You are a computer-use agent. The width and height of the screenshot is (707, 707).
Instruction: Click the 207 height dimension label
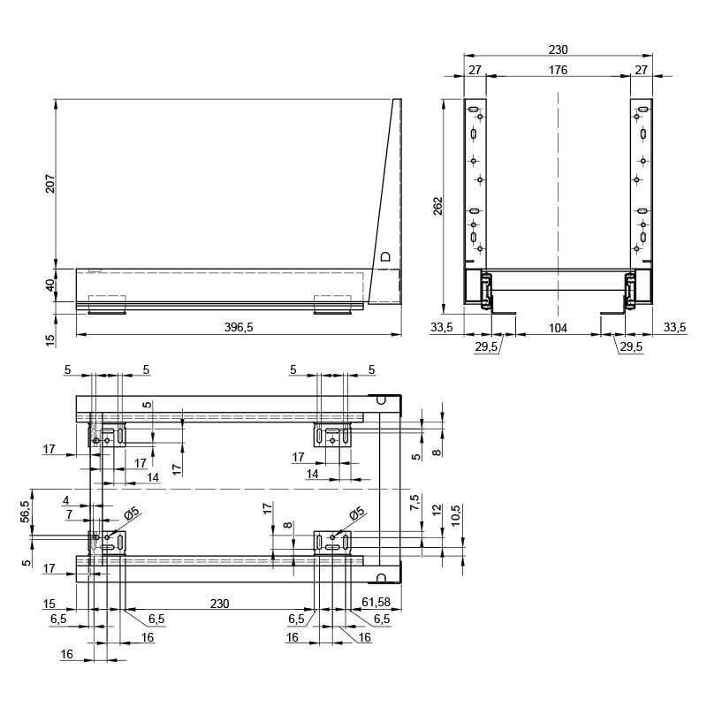pos(50,184)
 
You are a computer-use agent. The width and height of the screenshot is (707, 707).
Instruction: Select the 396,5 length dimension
pos(239,327)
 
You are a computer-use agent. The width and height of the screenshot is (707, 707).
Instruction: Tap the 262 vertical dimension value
pos(437,206)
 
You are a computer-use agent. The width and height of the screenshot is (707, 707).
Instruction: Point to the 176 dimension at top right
pos(558,70)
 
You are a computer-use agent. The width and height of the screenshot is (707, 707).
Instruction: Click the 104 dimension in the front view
pos(558,328)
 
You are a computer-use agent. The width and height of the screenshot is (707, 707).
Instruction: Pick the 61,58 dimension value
pos(376,602)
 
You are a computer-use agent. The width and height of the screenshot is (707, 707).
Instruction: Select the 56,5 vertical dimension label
pos(26,512)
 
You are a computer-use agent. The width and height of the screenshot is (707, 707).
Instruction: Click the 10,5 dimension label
pos(456,515)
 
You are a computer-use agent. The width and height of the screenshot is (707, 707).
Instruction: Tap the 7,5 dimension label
pos(414,502)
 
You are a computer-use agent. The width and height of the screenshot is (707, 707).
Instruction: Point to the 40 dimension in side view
pos(50,285)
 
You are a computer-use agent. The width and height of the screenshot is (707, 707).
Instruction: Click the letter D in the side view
pos(385,256)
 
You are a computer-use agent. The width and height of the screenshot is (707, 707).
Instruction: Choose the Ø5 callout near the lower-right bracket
pos(357,513)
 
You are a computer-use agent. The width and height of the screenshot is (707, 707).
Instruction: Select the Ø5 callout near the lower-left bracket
pos(132,513)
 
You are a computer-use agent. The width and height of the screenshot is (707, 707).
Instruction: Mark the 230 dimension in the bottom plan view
pos(219,604)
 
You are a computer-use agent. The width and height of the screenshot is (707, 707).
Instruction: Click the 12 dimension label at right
pos(437,510)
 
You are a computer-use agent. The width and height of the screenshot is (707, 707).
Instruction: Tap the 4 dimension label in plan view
pos(66,500)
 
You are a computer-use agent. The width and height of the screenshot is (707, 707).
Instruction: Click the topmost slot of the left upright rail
pos(473,109)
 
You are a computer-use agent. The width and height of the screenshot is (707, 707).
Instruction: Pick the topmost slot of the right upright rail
pos(643,109)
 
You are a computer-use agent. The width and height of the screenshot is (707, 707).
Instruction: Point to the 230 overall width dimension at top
pos(558,49)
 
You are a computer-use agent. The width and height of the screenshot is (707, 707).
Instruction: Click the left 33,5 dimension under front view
pos(441,327)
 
